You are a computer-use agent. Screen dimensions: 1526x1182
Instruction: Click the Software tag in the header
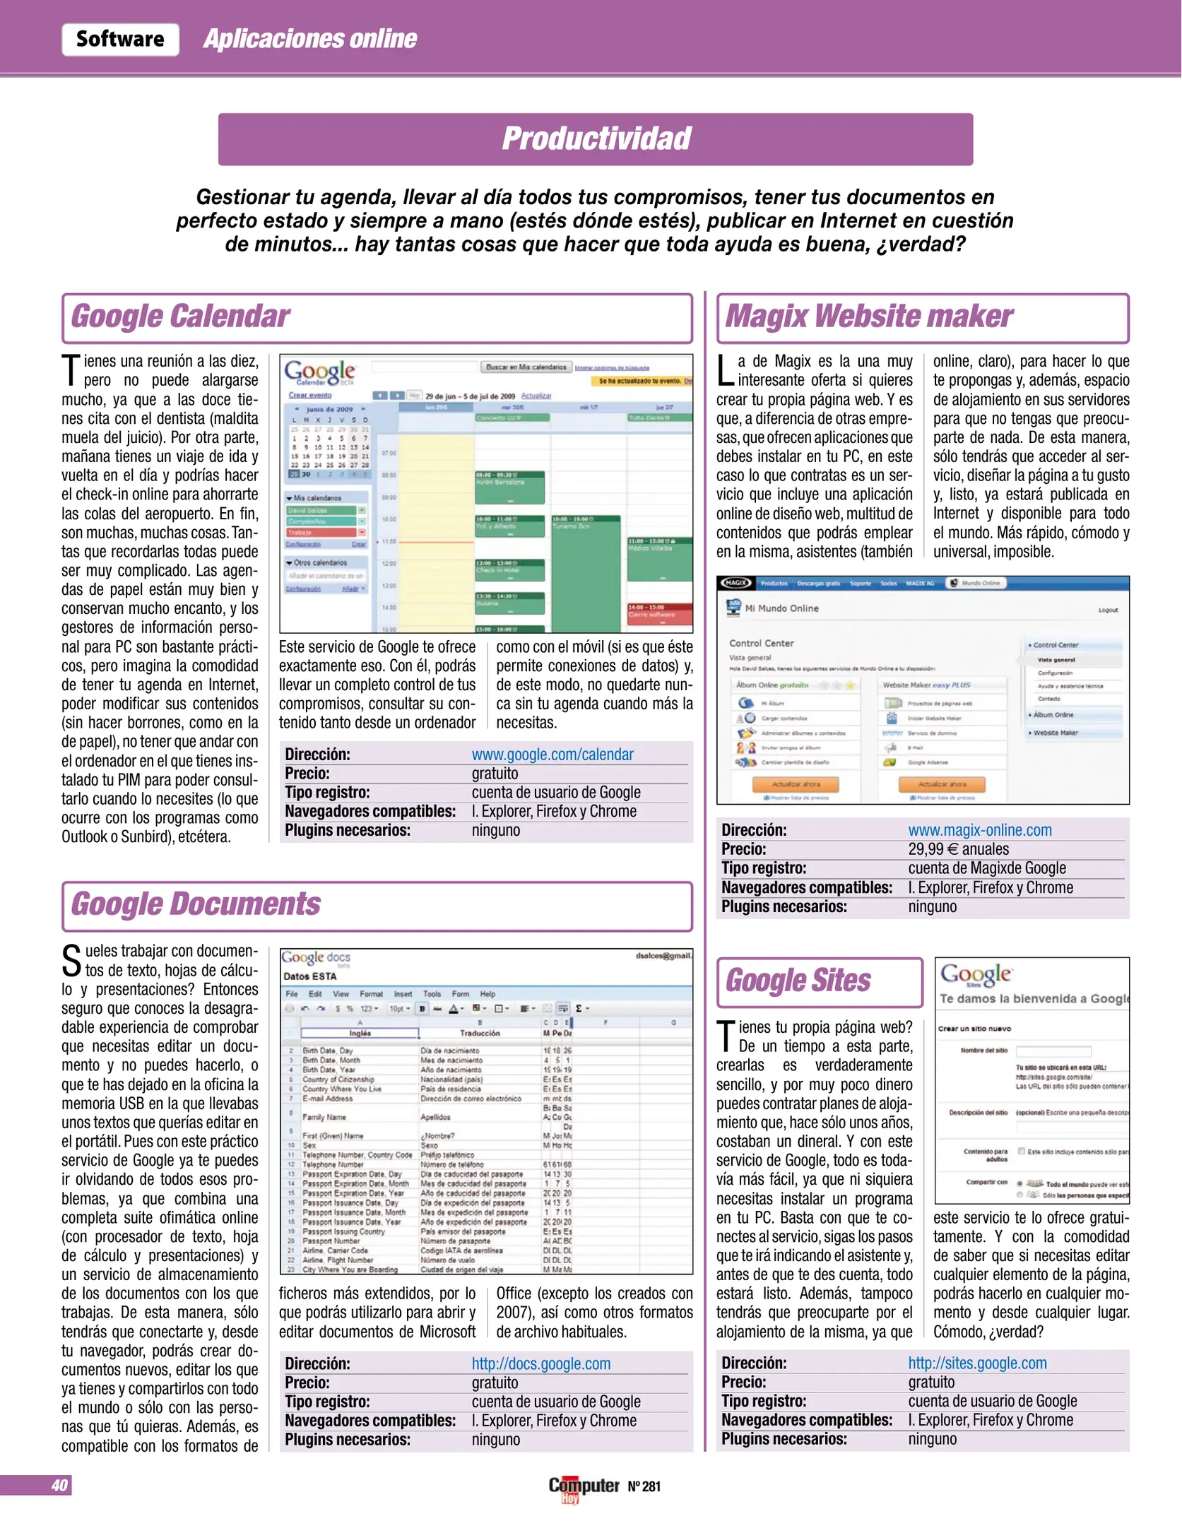(120, 39)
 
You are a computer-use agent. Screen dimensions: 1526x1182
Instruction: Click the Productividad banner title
(596, 138)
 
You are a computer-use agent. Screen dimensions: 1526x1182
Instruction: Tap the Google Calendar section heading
(180, 317)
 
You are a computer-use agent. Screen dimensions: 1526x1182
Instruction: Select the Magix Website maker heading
(869, 317)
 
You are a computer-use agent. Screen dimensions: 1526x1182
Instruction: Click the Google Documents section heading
(196, 904)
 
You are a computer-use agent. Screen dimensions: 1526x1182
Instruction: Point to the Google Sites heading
(798, 981)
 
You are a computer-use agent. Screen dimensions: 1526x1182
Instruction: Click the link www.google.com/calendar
(552, 755)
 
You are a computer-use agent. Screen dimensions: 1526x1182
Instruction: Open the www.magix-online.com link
(980, 830)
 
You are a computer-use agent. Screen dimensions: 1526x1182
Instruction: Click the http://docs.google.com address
(541, 1364)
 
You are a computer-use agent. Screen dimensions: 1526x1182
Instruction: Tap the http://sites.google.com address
(978, 1364)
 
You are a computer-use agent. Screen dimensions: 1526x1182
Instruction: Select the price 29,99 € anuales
(959, 849)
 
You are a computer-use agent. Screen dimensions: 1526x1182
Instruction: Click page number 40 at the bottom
(59, 1485)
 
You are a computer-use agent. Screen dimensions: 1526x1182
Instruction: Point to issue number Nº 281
(644, 1486)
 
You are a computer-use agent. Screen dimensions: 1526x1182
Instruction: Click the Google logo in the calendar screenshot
(319, 372)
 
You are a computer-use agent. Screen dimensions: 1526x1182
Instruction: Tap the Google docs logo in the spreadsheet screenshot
(315, 958)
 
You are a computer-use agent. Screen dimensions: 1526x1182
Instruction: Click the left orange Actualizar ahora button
(796, 784)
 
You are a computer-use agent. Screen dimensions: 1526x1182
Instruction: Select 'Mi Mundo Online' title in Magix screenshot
(781, 608)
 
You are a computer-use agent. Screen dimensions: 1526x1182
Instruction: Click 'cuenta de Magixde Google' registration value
(987, 868)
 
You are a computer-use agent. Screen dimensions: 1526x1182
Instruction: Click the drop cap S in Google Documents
(71, 961)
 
